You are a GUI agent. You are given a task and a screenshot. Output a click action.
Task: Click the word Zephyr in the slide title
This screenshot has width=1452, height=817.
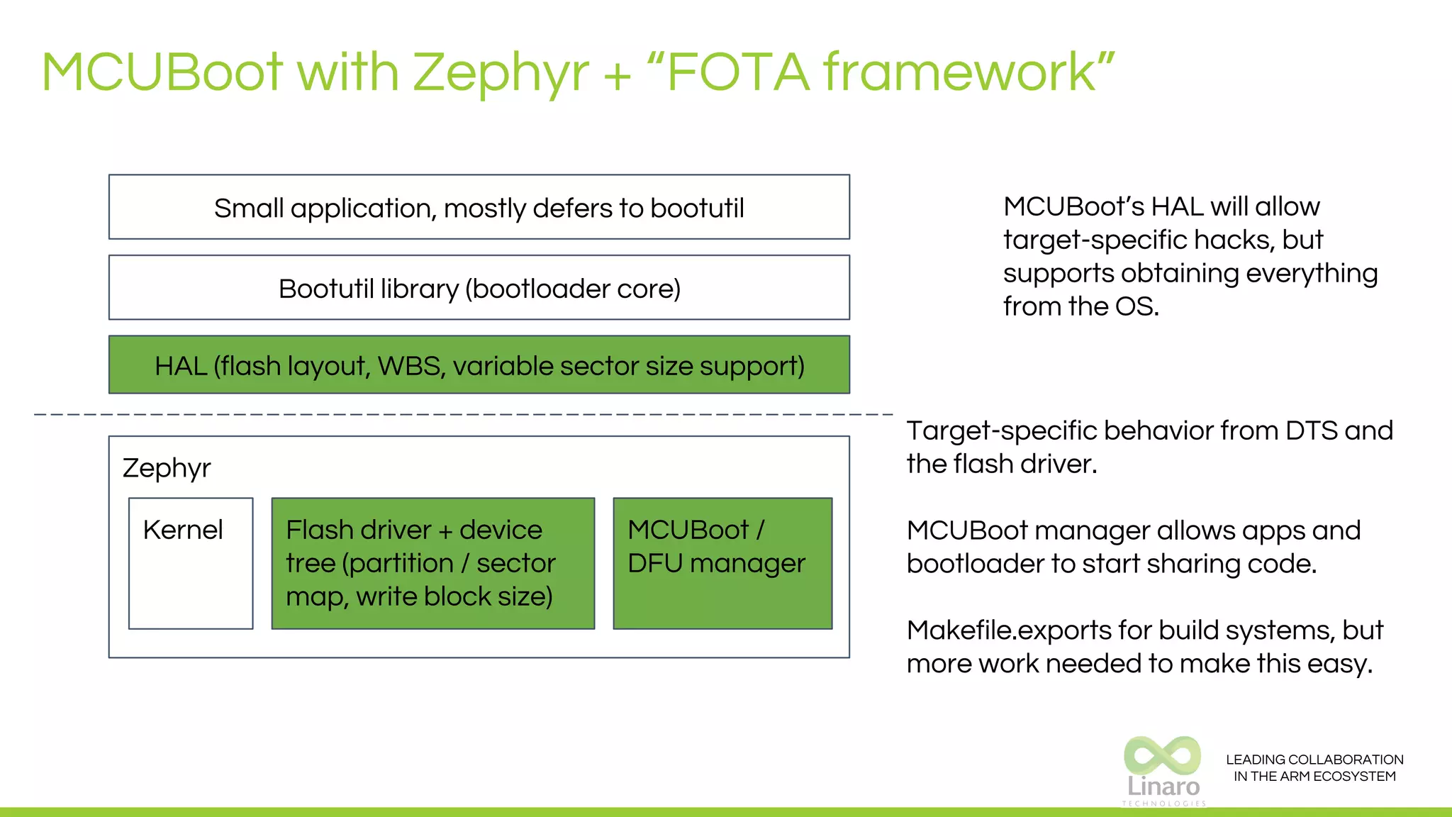(x=500, y=73)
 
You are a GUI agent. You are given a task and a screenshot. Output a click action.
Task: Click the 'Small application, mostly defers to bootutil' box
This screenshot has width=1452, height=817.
(x=479, y=207)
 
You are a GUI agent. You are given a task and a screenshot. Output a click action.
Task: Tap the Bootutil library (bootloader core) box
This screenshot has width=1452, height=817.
(x=479, y=288)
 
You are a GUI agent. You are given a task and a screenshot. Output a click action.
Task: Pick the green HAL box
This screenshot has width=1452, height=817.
(x=479, y=365)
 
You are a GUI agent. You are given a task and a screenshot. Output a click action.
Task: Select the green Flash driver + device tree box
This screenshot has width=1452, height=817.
(x=432, y=563)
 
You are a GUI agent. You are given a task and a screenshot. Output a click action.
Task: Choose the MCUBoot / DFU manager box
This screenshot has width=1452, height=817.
(x=722, y=563)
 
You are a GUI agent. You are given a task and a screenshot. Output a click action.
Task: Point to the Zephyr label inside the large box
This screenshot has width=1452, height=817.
(x=167, y=468)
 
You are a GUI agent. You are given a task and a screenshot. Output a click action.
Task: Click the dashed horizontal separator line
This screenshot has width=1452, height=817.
(x=461, y=413)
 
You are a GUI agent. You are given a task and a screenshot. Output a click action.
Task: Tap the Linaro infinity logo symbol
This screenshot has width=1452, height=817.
(x=1163, y=755)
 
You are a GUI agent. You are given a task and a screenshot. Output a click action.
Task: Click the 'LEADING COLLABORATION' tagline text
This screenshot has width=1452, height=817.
(x=1314, y=760)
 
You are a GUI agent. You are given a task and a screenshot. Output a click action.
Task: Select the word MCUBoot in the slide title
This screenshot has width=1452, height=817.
(x=162, y=73)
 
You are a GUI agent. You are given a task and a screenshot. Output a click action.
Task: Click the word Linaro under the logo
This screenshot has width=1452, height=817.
(x=1163, y=787)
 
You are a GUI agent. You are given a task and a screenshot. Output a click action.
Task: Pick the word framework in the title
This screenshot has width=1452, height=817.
(x=961, y=73)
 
